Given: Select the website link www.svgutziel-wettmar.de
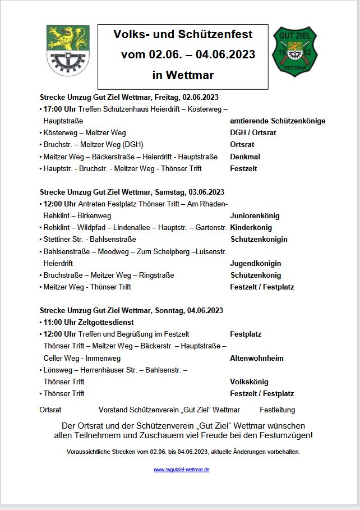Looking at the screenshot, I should tap(182, 470).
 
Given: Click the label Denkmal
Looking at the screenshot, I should tap(245, 157).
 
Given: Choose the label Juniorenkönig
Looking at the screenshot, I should tap(255, 215).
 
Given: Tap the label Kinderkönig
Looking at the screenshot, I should tap(251, 227).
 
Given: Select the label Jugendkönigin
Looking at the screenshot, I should tap(256, 263).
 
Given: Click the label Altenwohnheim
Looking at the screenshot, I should tap(257, 358).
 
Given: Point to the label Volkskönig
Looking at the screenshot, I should tap(249, 382).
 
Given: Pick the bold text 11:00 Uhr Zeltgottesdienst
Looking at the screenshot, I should tap(89, 323).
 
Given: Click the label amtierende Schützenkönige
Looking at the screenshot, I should tap(278, 121).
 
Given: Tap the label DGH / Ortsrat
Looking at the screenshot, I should tap(253, 132).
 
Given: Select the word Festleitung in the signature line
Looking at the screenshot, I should tap(277, 410).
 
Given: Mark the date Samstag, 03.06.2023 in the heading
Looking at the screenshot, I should tap(188, 192).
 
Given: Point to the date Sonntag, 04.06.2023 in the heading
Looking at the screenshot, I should tap(188, 310).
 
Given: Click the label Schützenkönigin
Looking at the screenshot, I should tap(259, 239).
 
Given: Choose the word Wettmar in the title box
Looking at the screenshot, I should tap(193, 75).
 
